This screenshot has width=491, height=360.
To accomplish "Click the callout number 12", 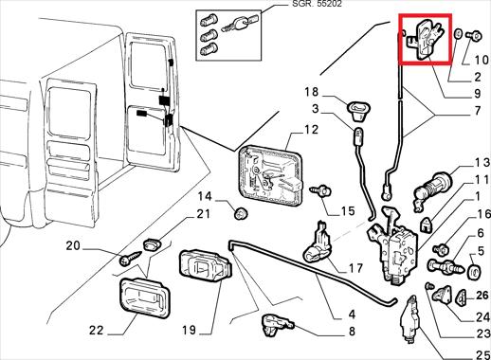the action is [x=311, y=130].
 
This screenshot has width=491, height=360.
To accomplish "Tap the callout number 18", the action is [x=311, y=92].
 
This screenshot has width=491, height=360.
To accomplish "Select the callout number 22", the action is [x=97, y=331].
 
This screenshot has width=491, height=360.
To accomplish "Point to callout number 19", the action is [x=189, y=331].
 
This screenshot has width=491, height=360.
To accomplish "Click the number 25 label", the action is [x=483, y=355].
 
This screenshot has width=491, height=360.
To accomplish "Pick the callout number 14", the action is [x=205, y=196].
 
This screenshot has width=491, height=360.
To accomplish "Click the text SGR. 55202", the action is [x=317, y=4].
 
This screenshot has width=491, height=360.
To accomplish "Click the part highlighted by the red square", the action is [x=426, y=39].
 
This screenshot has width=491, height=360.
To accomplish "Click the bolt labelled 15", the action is [x=320, y=190].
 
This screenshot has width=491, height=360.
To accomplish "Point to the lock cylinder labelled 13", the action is [x=432, y=189].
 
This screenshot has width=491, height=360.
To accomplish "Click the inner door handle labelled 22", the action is [x=144, y=297].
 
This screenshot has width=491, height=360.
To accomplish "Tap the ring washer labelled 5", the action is [x=474, y=273].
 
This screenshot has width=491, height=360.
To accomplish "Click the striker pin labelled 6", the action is [x=446, y=266].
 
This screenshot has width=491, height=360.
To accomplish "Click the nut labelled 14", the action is [x=240, y=213].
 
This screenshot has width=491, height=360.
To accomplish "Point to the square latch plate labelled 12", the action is [x=270, y=176].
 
